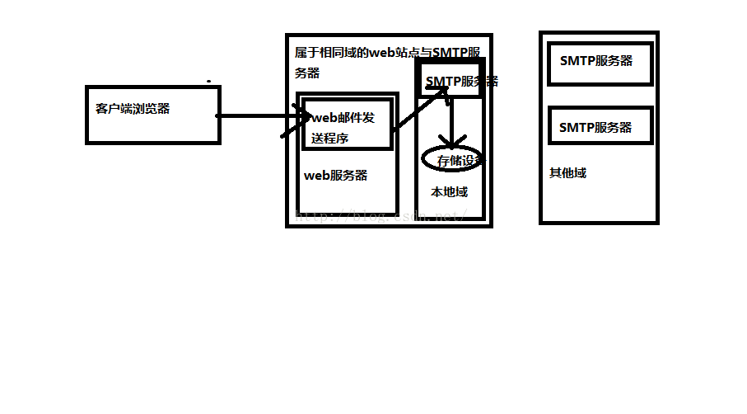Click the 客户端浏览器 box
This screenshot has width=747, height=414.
tap(153, 115)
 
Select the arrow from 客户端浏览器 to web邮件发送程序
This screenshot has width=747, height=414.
tap(255, 116)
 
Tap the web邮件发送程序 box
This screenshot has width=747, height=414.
tap(347, 125)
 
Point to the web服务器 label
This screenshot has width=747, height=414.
tap(336, 176)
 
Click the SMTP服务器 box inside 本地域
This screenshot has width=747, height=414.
tap(449, 81)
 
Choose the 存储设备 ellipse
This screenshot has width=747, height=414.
tap(452, 160)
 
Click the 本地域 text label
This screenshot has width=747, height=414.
tap(450, 192)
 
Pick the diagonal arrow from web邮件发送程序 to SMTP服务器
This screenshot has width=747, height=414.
tap(416, 112)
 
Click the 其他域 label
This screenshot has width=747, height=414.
tap(567, 173)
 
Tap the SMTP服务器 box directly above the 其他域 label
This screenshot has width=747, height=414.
tap(600, 127)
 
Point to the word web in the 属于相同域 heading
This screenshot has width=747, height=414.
tap(385, 53)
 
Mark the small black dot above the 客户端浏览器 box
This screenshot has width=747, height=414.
tap(208, 82)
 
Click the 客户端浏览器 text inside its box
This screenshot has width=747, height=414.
tap(133, 108)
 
